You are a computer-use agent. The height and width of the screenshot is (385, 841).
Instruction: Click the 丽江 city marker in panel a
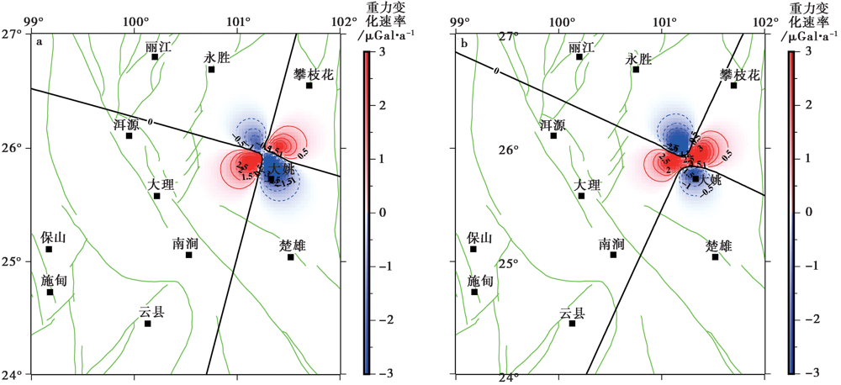(155, 57)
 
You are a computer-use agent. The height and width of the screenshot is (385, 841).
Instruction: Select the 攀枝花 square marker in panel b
(733, 86)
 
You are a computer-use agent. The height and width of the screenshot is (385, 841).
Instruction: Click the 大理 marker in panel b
(581, 196)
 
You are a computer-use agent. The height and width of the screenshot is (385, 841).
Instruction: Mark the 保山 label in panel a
(53, 238)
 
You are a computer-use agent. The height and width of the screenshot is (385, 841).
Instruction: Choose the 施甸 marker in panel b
(474, 292)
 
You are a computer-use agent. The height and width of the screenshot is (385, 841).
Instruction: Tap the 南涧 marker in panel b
(613, 255)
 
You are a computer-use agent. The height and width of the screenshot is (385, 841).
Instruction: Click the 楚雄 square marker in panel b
(716, 256)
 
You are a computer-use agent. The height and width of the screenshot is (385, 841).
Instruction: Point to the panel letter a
(38, 40)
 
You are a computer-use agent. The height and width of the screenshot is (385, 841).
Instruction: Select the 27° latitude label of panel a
(11, 34)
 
